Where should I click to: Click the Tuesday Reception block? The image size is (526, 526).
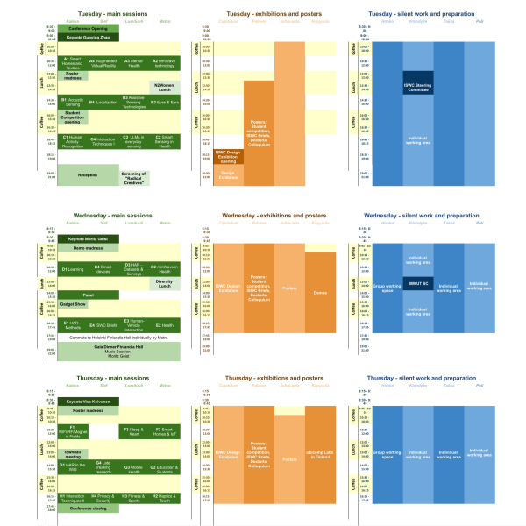coord(88,175)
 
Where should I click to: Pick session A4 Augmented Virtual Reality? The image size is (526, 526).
coord(103,63)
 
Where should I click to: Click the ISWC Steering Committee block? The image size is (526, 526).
coord(418,88)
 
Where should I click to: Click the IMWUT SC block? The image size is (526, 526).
coord(418,284)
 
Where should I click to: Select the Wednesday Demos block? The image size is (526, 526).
coord(319,293)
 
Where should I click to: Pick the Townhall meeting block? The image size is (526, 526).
coord(73,454)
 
